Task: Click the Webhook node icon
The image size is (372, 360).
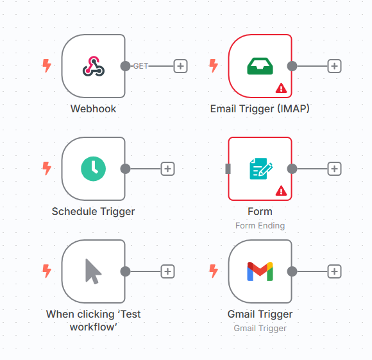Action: (x=94, y=66)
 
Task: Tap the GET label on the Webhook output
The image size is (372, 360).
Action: (x=140, y=66)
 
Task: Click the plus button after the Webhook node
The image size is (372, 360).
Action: (x=180, y=66)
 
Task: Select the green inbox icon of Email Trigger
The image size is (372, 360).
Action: (x=260, y=66)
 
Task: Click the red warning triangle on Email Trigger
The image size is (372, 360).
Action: (x=281, y=88)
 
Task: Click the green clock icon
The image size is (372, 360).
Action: (x=93, y=169)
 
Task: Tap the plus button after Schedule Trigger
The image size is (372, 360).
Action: (x=168, y=169)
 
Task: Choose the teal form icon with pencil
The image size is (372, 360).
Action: (x=261, y=169)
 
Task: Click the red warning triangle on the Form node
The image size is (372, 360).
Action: (x=281, y=191)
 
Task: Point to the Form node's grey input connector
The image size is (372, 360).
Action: (x=228, y=169)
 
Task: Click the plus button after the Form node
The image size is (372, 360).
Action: (x=334, y=169)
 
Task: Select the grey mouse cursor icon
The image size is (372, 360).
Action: (x=93, y=271)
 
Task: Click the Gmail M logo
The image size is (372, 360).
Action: (x=260, y=271)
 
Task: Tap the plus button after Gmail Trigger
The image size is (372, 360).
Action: (x=334, y=271)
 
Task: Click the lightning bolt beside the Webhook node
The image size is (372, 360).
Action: (x=47, y=65)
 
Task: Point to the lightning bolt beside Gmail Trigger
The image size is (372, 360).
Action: (x=214, y=271)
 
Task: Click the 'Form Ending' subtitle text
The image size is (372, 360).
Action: (x=260, y=225)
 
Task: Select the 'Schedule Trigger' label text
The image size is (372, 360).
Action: (x=93, y=211)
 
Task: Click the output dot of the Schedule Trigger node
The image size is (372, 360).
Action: (x=125, y=169)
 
